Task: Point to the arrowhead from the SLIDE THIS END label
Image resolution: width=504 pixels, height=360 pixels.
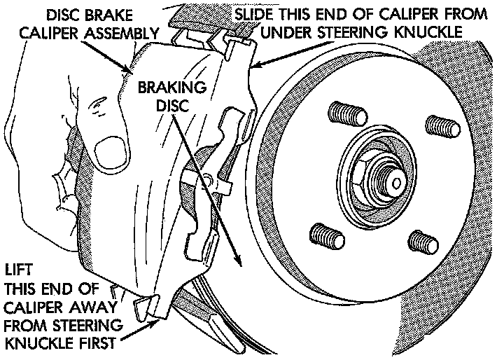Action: (253, 66)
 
